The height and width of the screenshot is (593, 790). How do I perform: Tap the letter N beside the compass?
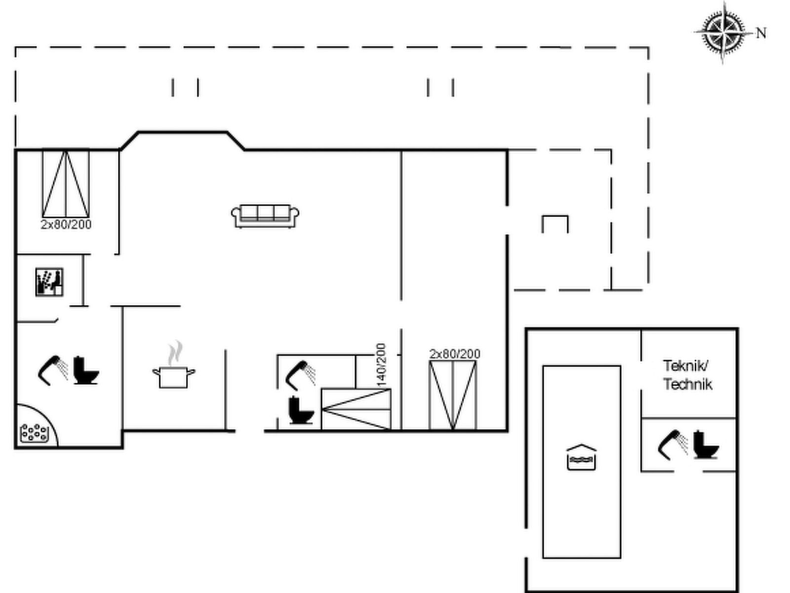pos(761,33)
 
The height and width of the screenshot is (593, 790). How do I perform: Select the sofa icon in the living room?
pos(265,216)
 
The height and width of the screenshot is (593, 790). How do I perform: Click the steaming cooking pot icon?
pos(174,364)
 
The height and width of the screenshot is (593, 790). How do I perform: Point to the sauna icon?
pos(49,282)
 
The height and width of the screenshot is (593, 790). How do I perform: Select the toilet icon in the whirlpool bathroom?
pos(86,371)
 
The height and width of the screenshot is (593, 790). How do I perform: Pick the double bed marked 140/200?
pos(356,409)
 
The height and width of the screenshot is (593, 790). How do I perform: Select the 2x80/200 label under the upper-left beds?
pos(66,225)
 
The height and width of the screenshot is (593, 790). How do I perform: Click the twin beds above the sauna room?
pos(66,184)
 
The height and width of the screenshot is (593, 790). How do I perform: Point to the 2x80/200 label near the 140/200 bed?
pos(455,354)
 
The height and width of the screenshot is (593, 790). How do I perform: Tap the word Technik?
pos(688,384)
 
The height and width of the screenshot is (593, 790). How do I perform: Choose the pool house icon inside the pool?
pos(581,457)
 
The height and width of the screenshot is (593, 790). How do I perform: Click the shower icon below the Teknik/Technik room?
pos(672,445)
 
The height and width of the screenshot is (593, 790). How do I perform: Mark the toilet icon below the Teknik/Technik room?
pos(706,445)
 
